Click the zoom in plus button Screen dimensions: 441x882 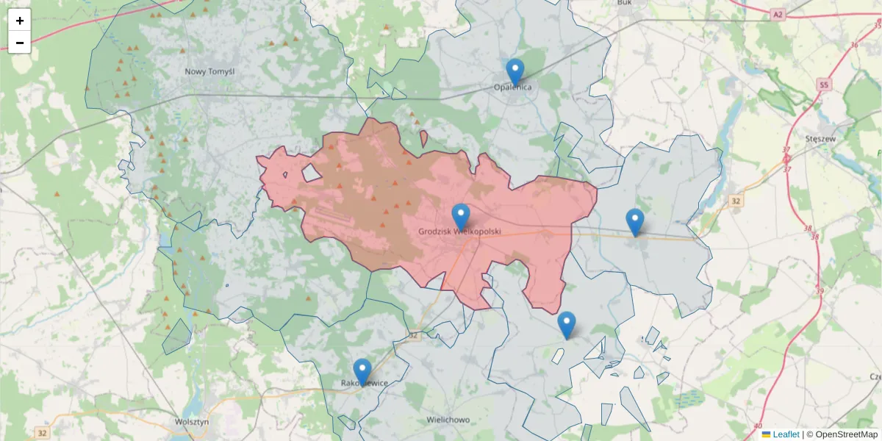point(20,21)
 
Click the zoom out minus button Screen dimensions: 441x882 point(20,43)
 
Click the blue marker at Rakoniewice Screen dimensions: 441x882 point(362,371)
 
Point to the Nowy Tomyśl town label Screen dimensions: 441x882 point(209,71)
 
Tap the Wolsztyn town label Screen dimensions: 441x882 point(193,422)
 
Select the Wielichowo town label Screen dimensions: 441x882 point(448,420)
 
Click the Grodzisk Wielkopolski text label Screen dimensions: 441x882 point(459,231)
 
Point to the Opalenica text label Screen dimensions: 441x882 point(512,87)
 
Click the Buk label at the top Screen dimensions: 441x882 point(625,3)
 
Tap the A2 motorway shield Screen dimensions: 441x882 point(778,14)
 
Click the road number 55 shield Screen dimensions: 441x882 point(823,86)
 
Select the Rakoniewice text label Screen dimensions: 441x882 point(364,383)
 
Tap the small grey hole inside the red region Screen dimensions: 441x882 point(312,173)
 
